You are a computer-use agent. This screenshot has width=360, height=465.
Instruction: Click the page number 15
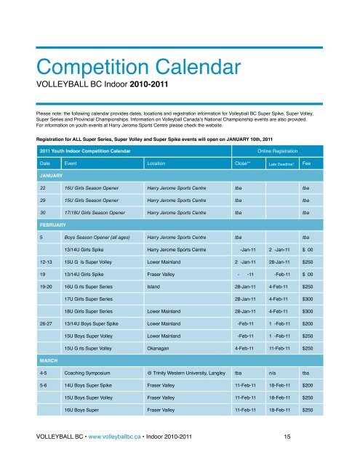289,436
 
